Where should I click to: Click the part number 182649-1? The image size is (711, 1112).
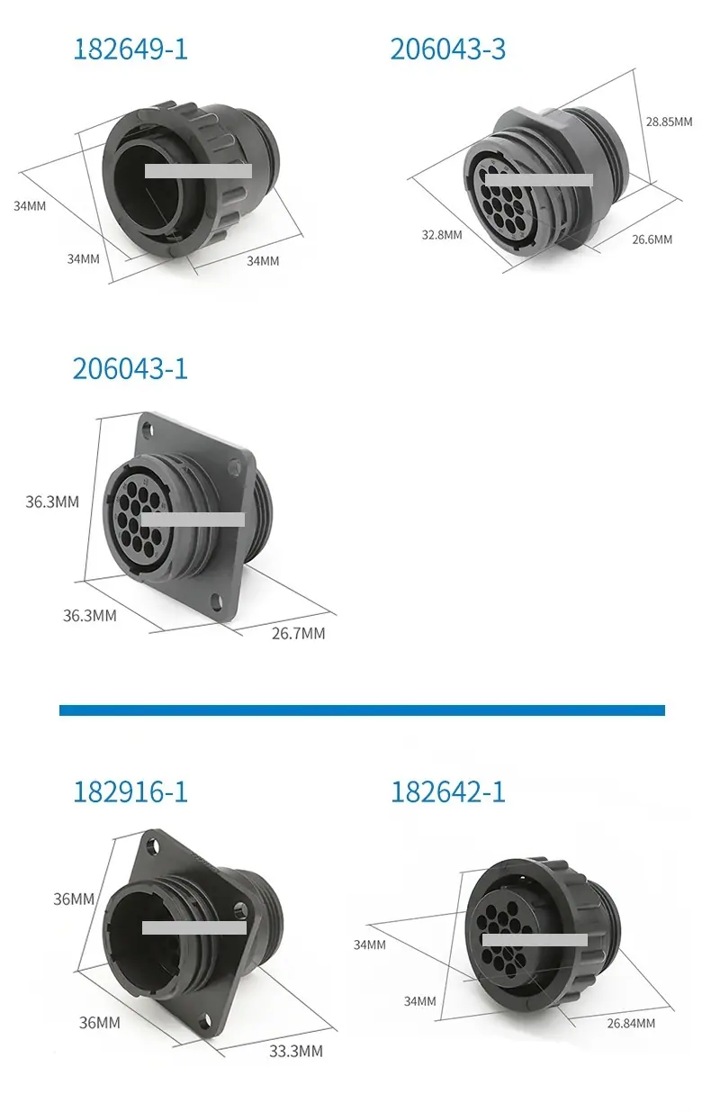tap(130, 50)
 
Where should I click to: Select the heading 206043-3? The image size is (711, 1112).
tap(447, 50)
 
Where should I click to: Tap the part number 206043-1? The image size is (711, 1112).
tap(130, 369)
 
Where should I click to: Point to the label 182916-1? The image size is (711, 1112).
tap(130, 791)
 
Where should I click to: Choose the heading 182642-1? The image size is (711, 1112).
tap(447, 791)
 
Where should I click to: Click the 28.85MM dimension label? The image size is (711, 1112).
tap(669, 122)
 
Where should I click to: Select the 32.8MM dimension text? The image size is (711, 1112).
tap(442, 234)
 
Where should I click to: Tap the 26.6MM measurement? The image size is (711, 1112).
tap(652, 240)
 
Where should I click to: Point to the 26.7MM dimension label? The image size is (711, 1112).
tap(298, 634)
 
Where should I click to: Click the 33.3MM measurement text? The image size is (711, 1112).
tap(296, 1051)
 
